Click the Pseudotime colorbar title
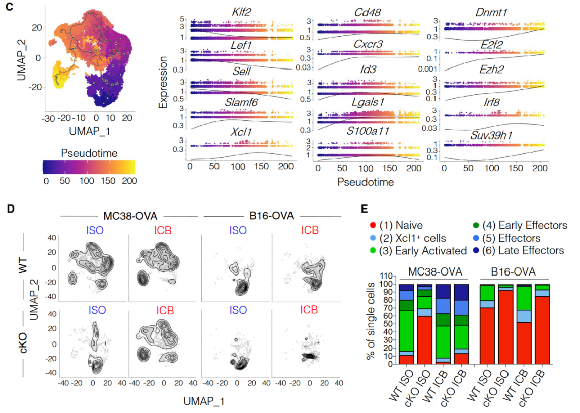89,152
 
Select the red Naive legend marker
373,225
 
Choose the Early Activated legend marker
373,250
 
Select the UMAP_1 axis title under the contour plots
204,401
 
